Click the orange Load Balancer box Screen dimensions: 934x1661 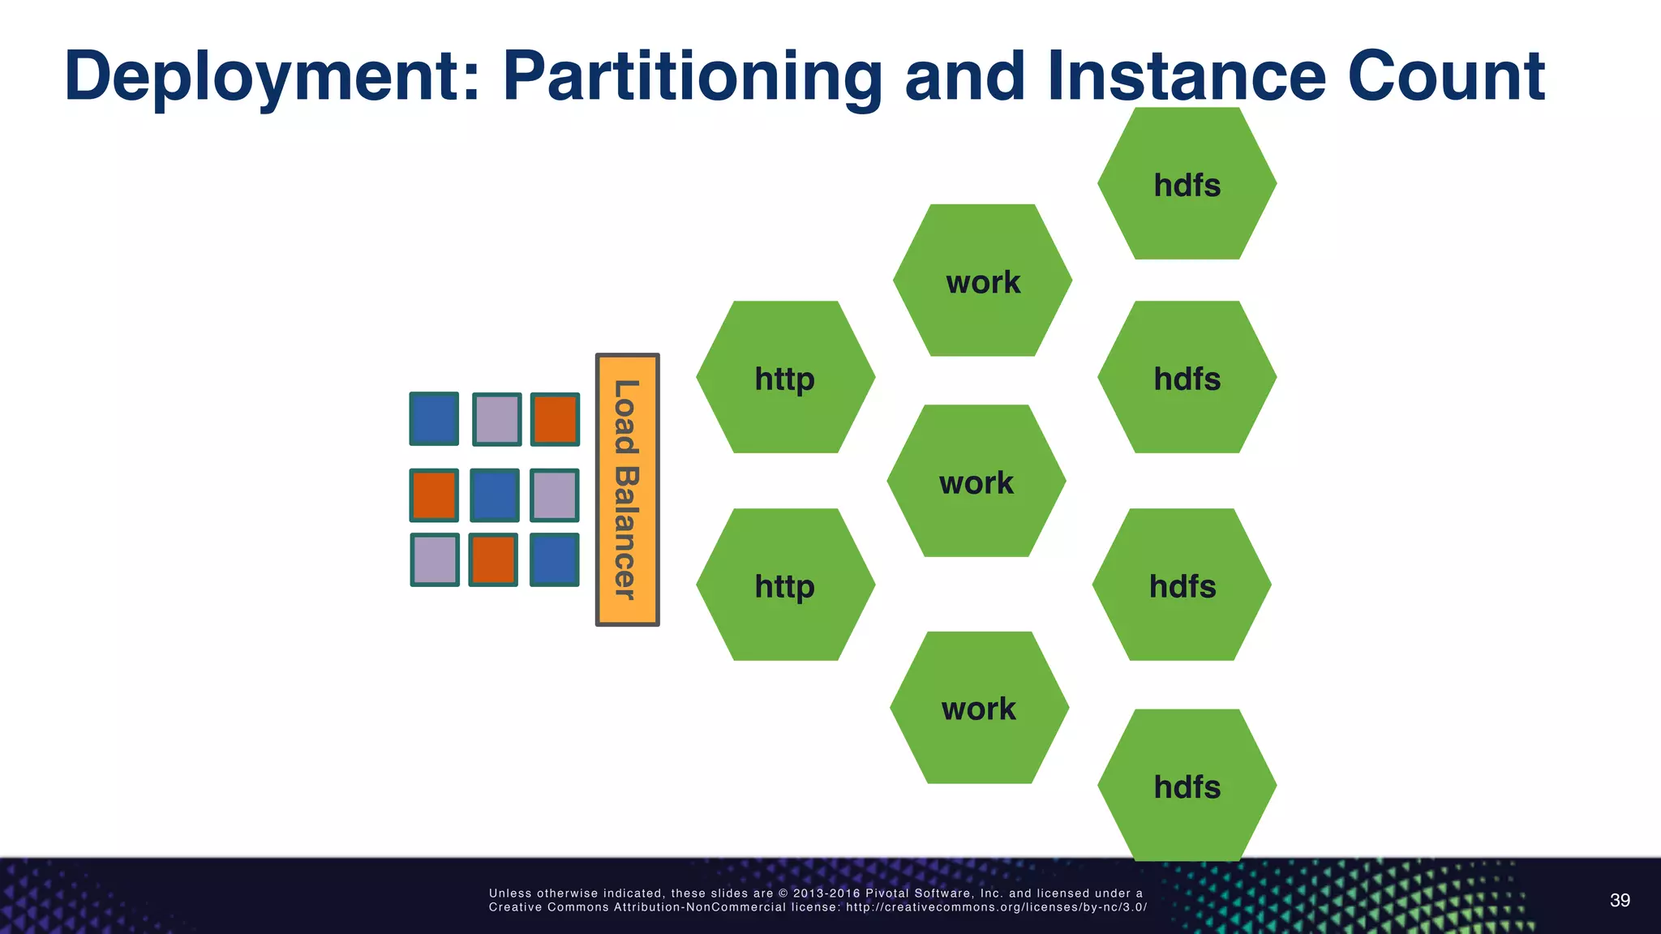tap(627, 490)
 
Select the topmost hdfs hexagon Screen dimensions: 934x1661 tap(1187, 184)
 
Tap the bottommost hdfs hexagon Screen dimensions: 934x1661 tap(1187, 786)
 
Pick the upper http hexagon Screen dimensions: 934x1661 tap(785, 378)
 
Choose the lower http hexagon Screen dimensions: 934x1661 tap(785, 585)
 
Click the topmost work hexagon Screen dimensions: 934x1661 tap(982, 281)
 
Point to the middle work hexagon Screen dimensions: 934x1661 tap(976, 482)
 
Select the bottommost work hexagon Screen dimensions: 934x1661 tap(979, 708)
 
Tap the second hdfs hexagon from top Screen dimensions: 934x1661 tap(1187, 378)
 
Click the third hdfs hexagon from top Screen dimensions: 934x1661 tap(1182, 585)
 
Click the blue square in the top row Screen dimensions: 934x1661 tap(434, 419)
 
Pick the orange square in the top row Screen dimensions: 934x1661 tap(555, 419)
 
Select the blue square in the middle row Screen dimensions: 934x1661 tap(494, 495)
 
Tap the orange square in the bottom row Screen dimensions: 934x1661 tap(493, 559)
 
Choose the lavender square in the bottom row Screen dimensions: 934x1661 tap(435, 559)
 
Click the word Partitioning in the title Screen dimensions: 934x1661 tap(692, 78)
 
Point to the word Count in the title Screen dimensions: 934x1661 tap(1445, 76)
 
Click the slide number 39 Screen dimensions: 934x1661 tap(1620, 901)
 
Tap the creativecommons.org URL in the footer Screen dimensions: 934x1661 tap(996, 907)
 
